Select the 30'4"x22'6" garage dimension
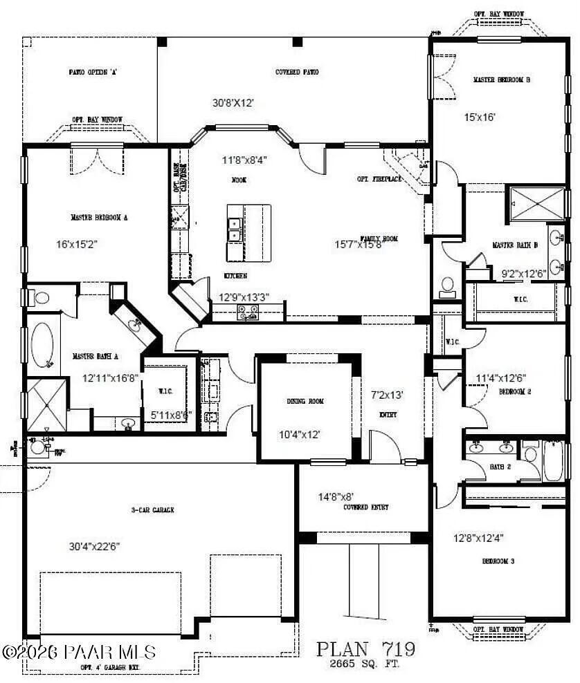[x=95, y=545]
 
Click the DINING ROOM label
[x=305, y=401]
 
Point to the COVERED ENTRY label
[x=365, y=507]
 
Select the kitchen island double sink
[x=235, y=230]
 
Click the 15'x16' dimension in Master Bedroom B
[x=480, y=117]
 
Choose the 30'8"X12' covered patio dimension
[x=233, y=102]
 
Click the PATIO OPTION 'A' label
[x=92, y=72]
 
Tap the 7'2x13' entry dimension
[x=388, y=395]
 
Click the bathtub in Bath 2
[x=554, y=462]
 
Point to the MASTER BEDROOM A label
[x=99, y=217]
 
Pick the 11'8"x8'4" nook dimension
[x=244, y=160]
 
